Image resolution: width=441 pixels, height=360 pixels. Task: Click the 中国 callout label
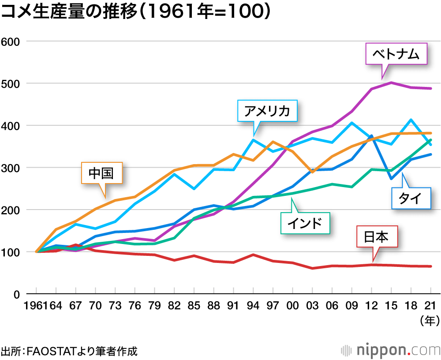(x=101, y=173)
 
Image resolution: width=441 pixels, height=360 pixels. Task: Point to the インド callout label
(x=305, y=223)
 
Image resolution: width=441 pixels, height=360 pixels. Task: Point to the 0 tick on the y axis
(x=17, y=294)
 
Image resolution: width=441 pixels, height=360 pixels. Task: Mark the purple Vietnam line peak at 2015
(x=391, y=82)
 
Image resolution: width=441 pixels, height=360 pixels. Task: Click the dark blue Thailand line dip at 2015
(x=391, y=179)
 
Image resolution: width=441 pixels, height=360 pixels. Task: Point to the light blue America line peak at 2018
(x=411, y=120)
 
